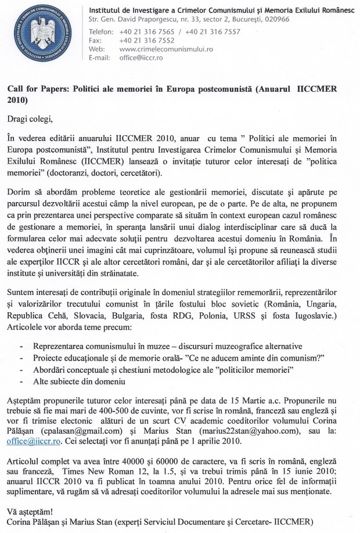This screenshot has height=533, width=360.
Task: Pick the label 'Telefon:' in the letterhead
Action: point(101,31)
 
